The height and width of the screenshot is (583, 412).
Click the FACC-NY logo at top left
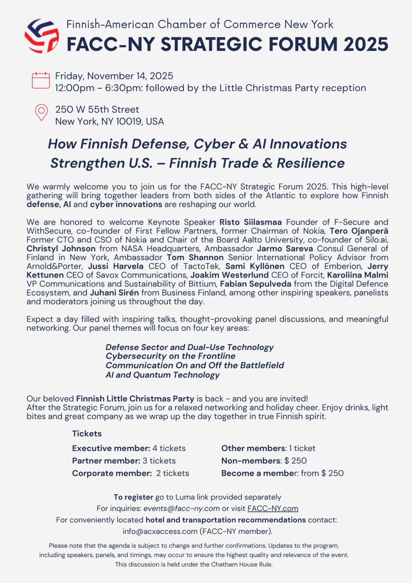(42, 36)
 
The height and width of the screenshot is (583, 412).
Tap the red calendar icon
(41, 80)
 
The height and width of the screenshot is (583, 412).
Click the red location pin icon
(41, 112)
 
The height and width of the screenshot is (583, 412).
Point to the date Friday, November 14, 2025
(114, 76)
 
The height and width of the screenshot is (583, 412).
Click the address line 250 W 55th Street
(97, 109)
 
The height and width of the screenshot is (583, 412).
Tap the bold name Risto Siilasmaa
(250, 222)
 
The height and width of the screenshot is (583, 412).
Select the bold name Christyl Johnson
(61, 249)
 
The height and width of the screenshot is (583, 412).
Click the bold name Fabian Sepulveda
(255, 284)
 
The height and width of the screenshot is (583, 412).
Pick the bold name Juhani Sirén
(114, 293)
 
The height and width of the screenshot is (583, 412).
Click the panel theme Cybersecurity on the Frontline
(170, 356)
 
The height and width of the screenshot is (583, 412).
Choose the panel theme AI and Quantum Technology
(163, 375)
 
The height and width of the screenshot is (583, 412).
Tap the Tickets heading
(87, 433)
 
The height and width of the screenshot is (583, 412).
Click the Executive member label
(111, 448)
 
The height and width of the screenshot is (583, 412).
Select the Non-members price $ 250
(296, 461)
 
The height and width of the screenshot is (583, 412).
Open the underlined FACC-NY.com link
(273, 508)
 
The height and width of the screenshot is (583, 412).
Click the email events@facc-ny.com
(181, 508)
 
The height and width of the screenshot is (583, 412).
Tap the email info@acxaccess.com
(160, 531)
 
